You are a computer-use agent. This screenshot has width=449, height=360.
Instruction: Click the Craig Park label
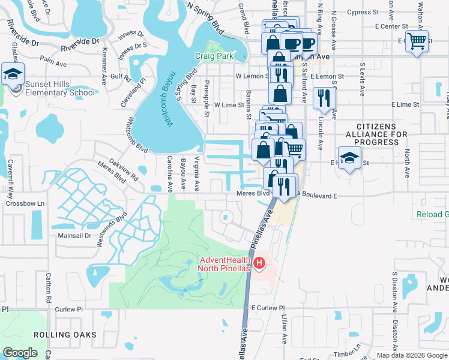click(x=213, y=56)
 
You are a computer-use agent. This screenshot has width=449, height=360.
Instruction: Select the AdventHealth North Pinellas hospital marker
click(x=259, y=263)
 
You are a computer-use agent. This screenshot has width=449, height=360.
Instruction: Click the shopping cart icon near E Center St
click(x=417, y=41)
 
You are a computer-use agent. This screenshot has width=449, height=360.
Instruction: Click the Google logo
click(x=20, y=353)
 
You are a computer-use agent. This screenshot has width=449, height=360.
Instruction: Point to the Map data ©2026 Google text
click(x=411, y=355)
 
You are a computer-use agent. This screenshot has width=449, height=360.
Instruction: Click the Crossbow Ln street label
click(x=26, y=203)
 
